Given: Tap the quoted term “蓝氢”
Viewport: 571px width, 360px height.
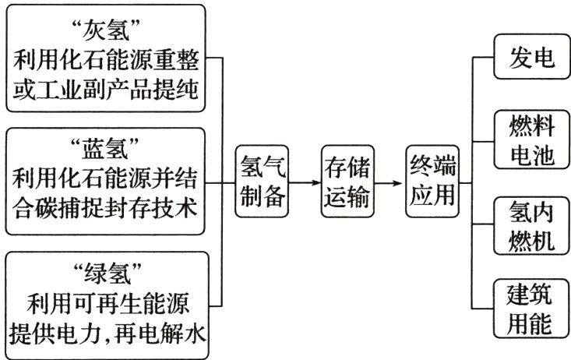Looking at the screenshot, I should [x=107, y=147].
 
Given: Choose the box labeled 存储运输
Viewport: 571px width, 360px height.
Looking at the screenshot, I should [x=347, y=180].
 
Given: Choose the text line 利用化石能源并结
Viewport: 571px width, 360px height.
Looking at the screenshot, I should [x=107, y=178].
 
